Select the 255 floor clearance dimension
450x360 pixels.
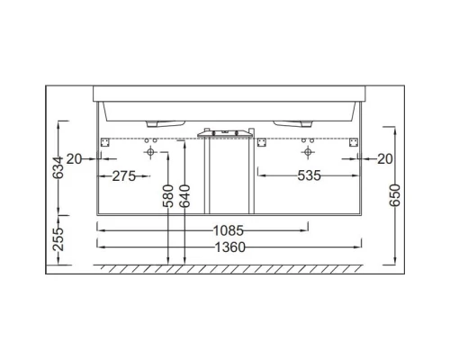click(58, 238)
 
